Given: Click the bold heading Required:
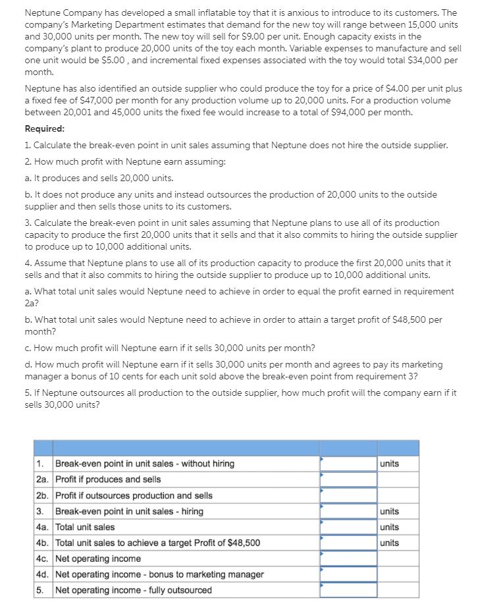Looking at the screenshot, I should [x=44, y=128].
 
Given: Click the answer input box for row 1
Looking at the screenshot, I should [x=348, y=464].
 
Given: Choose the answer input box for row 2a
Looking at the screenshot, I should [x=348, y=480].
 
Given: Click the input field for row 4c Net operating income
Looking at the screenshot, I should [x=348, y=559].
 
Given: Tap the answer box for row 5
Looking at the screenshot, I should [x=348, y=590].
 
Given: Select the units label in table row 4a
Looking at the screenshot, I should [x=389, y=527].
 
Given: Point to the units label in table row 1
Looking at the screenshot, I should [x=389, y=464].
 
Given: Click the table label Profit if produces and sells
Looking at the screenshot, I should [x=108, y=480].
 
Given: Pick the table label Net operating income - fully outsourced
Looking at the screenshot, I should [x=134, y=590].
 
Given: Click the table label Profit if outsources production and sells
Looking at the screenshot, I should [x=134, y=495].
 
